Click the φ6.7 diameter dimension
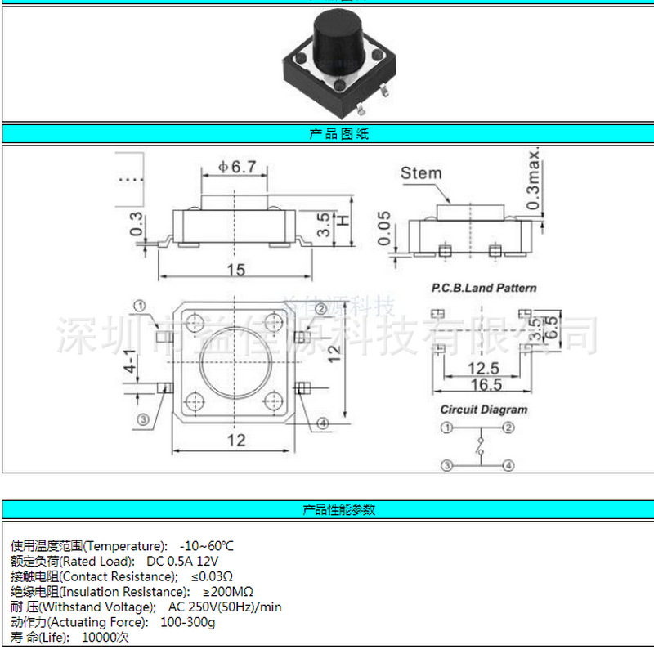pos(237,167)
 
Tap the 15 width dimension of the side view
pos(235,270)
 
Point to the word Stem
pos(421,173)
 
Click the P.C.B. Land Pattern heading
pos(484,288)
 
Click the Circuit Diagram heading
pos(484,410)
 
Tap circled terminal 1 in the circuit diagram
pos(446,428)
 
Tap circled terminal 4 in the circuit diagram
pos(508,466)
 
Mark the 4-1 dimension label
pos(129,361)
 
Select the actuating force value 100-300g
pos(187,622)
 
